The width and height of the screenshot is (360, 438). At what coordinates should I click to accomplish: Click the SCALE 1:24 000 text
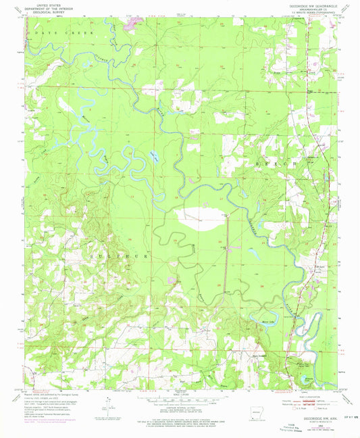point(179,395)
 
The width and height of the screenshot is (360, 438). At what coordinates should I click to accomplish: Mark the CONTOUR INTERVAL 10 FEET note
point(179,408)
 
